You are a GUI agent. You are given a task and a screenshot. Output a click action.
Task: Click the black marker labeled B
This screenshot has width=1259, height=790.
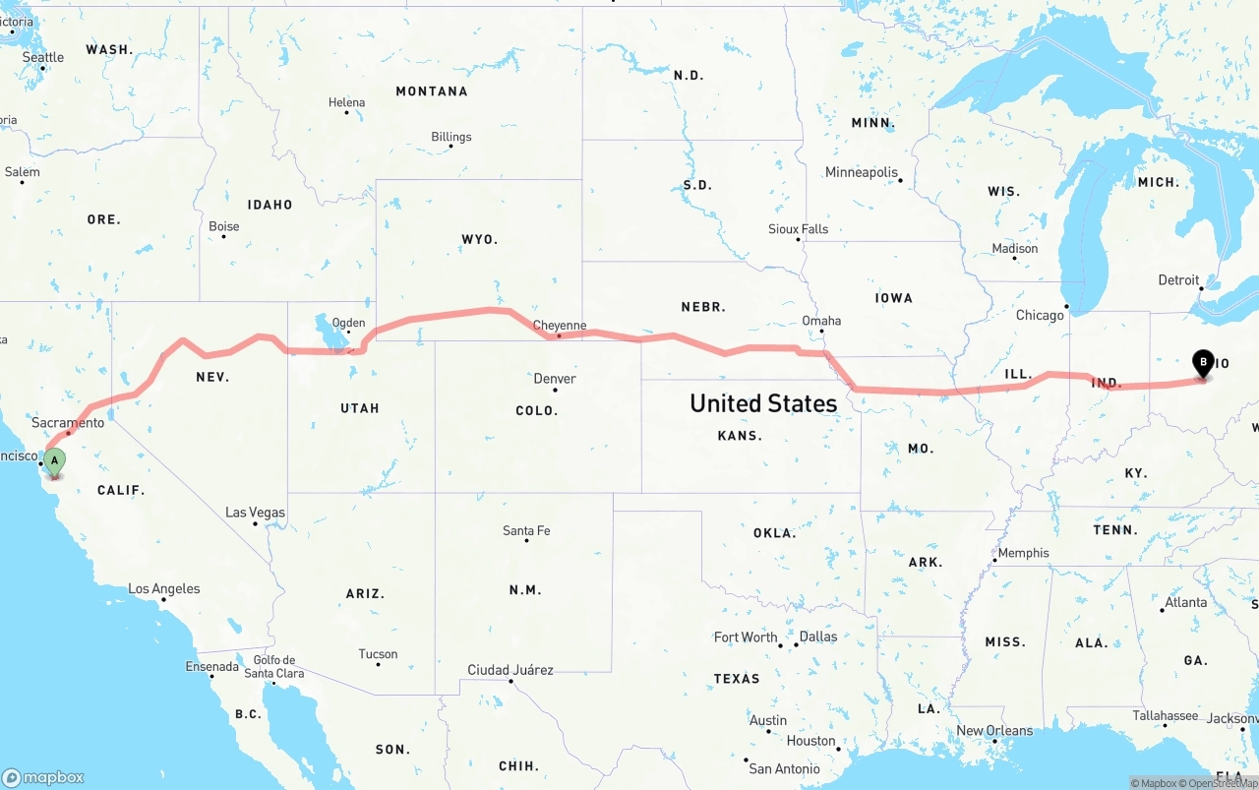(x=1202, y=363)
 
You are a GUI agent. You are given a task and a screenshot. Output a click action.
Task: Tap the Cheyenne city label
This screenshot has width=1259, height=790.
(x=559, y=326)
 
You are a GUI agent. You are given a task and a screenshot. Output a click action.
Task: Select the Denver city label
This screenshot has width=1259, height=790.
(x=555, y=379)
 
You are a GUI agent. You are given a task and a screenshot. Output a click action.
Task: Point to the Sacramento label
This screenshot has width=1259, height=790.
(x=68, y=423)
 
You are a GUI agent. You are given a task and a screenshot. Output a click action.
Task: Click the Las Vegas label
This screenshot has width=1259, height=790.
(x=255, y=513)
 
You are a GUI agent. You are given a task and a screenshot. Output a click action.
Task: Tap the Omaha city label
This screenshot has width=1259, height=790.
(x=821, y=321)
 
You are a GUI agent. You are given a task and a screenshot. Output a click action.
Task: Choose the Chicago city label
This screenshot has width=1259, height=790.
(x=1040, y=316)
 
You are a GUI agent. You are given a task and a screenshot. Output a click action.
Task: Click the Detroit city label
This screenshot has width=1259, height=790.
(x=1178, y=280)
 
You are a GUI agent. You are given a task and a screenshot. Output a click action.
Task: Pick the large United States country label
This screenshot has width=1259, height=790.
(x=762, y=403)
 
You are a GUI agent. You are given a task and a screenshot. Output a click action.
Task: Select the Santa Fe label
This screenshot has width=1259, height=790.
(x=526, y=531)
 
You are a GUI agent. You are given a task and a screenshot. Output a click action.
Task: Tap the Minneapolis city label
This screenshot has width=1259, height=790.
(x=862, y=172)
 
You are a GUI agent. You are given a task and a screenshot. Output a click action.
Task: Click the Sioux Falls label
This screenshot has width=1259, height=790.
(x=798, y=229)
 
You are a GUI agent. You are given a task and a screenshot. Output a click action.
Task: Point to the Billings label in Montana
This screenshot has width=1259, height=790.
(x=451, y=137)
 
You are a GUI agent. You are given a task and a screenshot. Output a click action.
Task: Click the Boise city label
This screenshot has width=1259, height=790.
(x=224, y=226)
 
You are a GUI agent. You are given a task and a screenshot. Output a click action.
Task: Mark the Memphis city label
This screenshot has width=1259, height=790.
(x=1023, y=553)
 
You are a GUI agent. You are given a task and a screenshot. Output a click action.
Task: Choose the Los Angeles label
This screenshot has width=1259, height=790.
(x=164, y=589)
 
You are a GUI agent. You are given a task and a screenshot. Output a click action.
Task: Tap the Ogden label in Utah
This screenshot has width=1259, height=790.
(x=348, y=323)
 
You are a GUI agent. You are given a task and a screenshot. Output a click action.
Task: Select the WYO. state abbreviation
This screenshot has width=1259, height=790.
(x=480, y=239)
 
